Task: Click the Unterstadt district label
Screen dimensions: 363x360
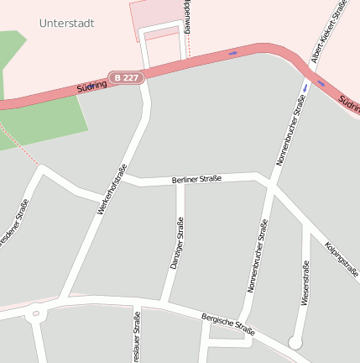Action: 66,24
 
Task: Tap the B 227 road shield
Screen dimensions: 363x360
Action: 127,77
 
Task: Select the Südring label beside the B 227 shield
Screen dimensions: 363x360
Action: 91,85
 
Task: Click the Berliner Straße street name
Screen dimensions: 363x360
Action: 196,179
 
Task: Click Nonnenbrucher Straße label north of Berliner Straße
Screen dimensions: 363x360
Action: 290,130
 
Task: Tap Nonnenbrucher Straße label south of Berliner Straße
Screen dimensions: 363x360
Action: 258,255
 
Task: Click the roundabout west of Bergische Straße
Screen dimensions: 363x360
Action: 34,314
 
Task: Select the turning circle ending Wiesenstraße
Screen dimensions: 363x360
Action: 295,342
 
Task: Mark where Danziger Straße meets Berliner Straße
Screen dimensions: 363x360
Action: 180,181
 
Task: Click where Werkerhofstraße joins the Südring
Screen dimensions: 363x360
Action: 145,74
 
